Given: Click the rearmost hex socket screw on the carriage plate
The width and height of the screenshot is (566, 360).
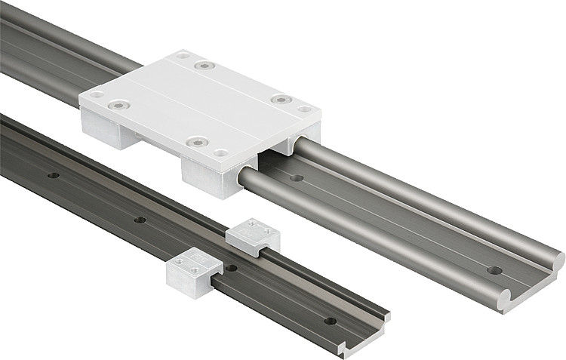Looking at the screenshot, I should coord(200,66).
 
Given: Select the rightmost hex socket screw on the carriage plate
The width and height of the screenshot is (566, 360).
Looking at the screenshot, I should coord(280,99).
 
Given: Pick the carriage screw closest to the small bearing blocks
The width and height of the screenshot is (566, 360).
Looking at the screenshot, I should coord(198,141).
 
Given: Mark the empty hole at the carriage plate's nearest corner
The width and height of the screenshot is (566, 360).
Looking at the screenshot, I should coord(220,152).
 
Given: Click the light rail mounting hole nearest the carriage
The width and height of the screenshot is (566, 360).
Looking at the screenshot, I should coord(297,179).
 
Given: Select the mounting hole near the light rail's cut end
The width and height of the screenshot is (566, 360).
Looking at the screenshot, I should coord(494,269).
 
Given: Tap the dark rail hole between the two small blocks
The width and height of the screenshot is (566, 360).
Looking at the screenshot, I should coord(231,267).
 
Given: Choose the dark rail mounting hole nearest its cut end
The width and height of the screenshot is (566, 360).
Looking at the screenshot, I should coord(330,321).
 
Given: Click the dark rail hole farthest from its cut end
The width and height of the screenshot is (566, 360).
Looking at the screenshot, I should coord(53,175).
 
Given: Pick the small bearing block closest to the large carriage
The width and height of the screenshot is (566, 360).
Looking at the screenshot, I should coord(254,235).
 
